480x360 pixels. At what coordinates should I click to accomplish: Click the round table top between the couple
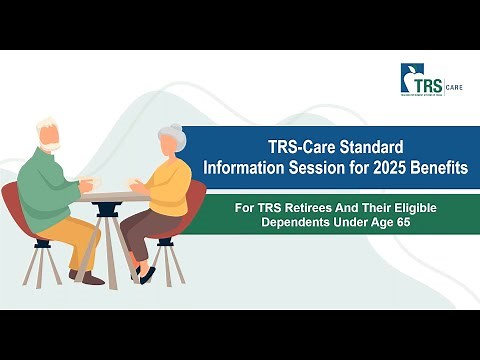(x=118, y=196)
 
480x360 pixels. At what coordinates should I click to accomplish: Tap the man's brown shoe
(x=92, y=279)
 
